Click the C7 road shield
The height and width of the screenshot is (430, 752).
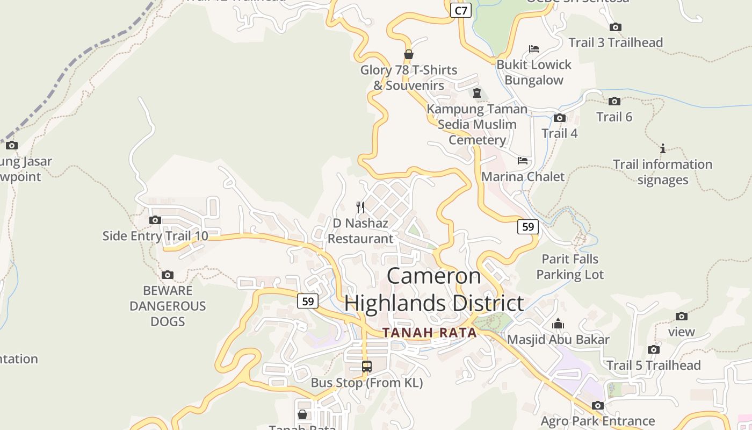click(x=461, y=10)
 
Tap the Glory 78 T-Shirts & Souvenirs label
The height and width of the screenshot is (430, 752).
click(x=408, y=77)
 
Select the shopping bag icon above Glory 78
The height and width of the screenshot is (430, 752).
click(x=409, y=54)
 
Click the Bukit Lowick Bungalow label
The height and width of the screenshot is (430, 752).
click(x=534, y=72)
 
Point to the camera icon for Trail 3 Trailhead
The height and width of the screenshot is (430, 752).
click(x=616, y=27)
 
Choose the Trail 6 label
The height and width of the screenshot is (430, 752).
click(x=614, y=117)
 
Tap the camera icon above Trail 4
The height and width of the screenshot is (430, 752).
click(x=560, y=118)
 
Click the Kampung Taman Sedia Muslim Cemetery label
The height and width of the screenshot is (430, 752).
click(x=477, y=124)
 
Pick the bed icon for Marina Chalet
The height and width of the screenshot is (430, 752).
click(x=523, y=160)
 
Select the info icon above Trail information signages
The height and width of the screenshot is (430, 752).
click(x=663, y=148)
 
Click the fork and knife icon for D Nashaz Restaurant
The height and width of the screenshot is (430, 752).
click(x=360, y=207)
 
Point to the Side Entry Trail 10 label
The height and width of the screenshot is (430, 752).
click(x=155, y=235)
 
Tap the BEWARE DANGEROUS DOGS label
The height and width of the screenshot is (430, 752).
click(x=168, y=306)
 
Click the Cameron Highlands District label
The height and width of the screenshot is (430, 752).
click(x=434, y=289)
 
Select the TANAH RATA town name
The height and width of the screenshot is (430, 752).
click(x=430, y=333)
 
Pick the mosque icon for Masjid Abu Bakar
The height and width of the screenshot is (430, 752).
click(x=558, y=324)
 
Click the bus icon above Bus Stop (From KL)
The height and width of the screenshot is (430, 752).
click(x=367, y=367)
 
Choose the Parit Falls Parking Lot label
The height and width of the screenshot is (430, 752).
click(x=570, y=267)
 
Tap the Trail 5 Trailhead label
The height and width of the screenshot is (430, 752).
click(x=653, y=365)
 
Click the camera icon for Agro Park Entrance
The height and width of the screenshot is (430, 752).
click(x=597, y=405)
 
